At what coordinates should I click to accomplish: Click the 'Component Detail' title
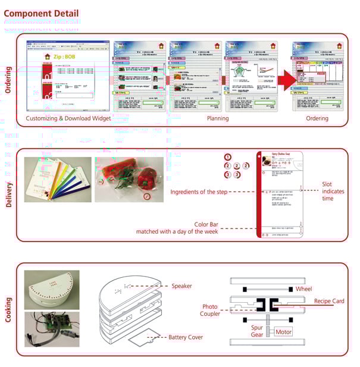(x=40, y=14)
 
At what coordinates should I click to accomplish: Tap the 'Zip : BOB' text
(x=65, y=57)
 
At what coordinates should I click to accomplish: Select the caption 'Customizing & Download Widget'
(x=68, y=118)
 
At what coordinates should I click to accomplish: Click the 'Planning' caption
(x=217, y=118)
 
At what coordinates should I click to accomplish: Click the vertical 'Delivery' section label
(x=8, y=195)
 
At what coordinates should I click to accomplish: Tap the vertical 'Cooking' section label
(x=8, y=310)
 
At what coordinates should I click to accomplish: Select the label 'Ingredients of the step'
(x=201, y=192)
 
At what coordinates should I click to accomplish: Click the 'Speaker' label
(x=181, y=286)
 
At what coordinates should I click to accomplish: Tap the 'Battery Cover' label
(x=186, y=337)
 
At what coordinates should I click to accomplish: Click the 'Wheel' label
(x=303, y=289)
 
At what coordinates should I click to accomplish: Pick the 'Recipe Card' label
(x=329, y=302)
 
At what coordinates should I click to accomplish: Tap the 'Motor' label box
(x=283, y=331)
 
